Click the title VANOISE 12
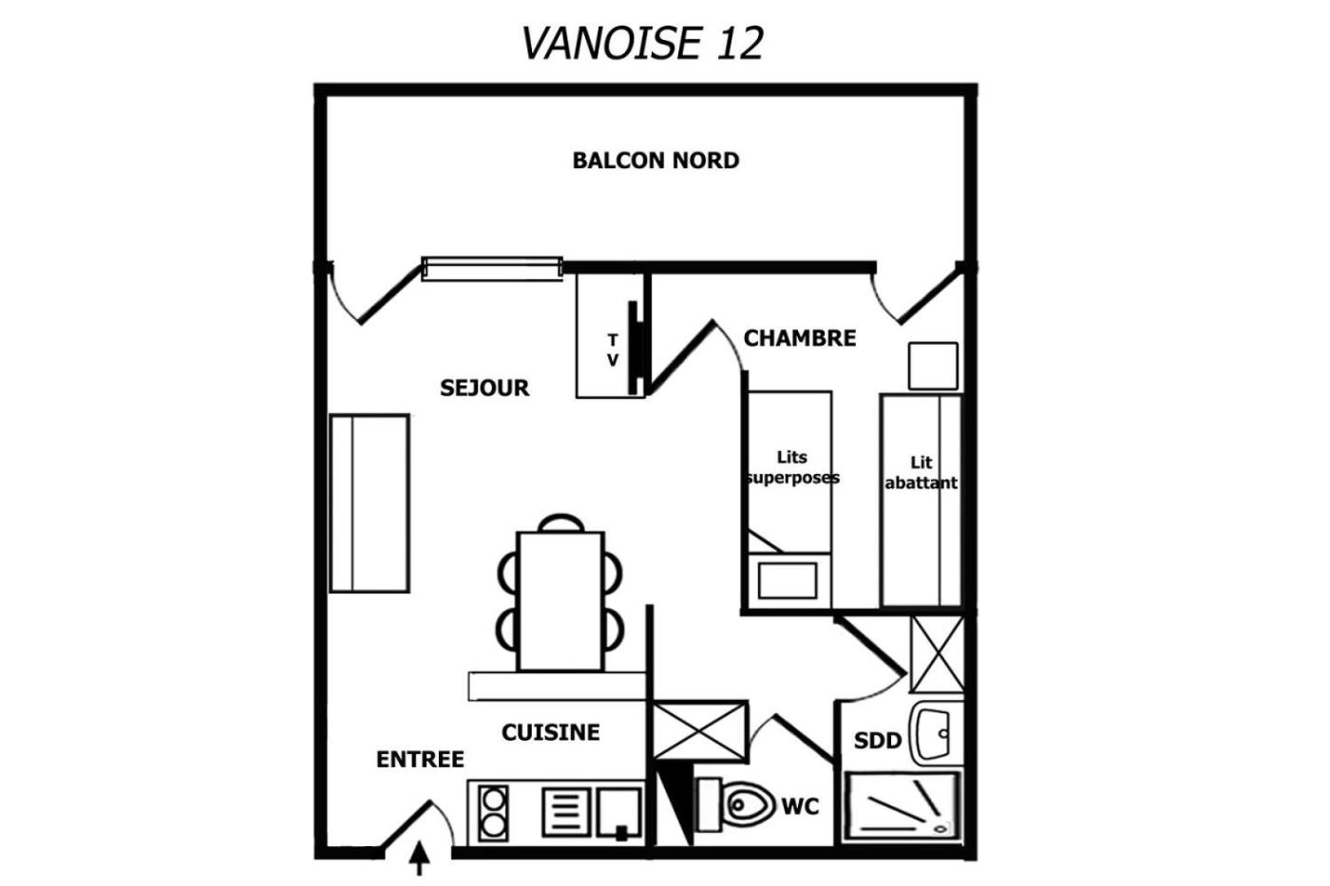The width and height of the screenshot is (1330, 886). pos(642,43)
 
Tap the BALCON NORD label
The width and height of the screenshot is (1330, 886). pos(655,160)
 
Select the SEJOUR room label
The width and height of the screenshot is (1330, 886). pos(484,387)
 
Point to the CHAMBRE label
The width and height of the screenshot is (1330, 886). pos(800,338)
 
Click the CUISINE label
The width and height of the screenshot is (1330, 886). pos(550,732)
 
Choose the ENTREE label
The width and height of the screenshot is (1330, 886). pos(420,759)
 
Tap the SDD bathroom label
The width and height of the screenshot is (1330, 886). pos(878,740)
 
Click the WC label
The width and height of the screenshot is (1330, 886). pos(800,806)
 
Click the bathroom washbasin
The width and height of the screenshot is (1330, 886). pos(934,733)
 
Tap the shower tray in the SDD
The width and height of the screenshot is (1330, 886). pos(902,806)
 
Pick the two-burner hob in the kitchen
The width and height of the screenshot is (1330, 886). pos(493,814)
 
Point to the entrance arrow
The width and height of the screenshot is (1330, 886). pos(420,858)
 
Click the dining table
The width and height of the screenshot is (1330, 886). pos(561,601)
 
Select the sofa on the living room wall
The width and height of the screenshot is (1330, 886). pos(370,503)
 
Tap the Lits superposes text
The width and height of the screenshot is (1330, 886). pos(792,467)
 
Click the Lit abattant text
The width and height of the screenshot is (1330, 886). pos(921,472)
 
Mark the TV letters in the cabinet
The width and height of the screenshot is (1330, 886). pos(613,350)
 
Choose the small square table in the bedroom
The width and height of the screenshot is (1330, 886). pos(933,367)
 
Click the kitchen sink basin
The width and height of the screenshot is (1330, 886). pos(619,813)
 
